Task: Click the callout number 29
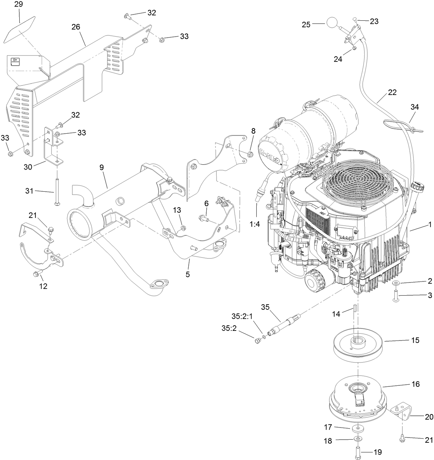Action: [19, 4]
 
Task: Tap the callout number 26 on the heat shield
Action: [76, 27]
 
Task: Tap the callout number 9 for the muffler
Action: [101, 167]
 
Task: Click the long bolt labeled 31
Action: [55, 192]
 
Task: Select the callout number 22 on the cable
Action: [392, 93]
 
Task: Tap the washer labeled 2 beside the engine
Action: [395, 283]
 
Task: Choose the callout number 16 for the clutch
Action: [415, 384]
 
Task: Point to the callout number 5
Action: [188, 275]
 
